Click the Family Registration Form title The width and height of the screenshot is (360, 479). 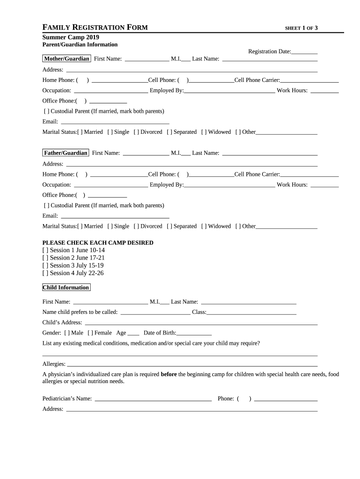click(95, 28)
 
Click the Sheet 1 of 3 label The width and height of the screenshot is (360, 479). click(301, 28)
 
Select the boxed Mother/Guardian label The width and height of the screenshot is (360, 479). click(66, 59)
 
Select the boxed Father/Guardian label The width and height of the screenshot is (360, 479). click(65, 153)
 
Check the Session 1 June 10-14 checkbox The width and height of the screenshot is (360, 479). click(45, 250)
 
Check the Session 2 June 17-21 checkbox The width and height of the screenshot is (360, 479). click(45, 258)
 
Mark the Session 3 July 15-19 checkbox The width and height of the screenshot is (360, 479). click(45, 265)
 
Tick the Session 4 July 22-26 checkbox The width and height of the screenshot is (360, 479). click(45, 273)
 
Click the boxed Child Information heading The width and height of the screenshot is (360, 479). click(66, 287)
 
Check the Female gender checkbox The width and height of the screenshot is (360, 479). click(90, 333)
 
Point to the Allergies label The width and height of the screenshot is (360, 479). click(53, 364)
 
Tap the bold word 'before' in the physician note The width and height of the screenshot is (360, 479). click(168, 374)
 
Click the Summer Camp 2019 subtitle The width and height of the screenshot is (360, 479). click(71, 37)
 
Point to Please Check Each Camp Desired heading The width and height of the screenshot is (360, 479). click(98, 243)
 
